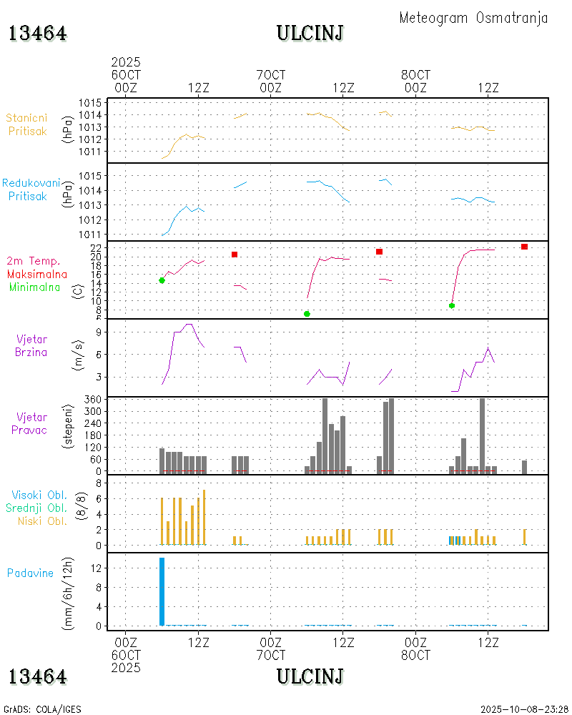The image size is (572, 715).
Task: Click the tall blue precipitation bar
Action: click(162, 591)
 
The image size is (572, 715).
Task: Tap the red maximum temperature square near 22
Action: click(524, 247)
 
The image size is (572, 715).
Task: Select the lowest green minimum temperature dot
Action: click(307, 314)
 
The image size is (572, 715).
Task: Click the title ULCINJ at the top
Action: click(310, 33)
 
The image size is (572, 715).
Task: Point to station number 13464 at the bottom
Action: click(38, 676)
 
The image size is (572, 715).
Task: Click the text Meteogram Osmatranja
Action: click(473, 19)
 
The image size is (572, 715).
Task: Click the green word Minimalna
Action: click(35, 287)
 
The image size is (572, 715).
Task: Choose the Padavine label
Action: click(30, 573)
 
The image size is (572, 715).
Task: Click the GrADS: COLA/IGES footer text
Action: click(42, 709)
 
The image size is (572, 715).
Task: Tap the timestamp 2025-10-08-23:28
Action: click(523, 709)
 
